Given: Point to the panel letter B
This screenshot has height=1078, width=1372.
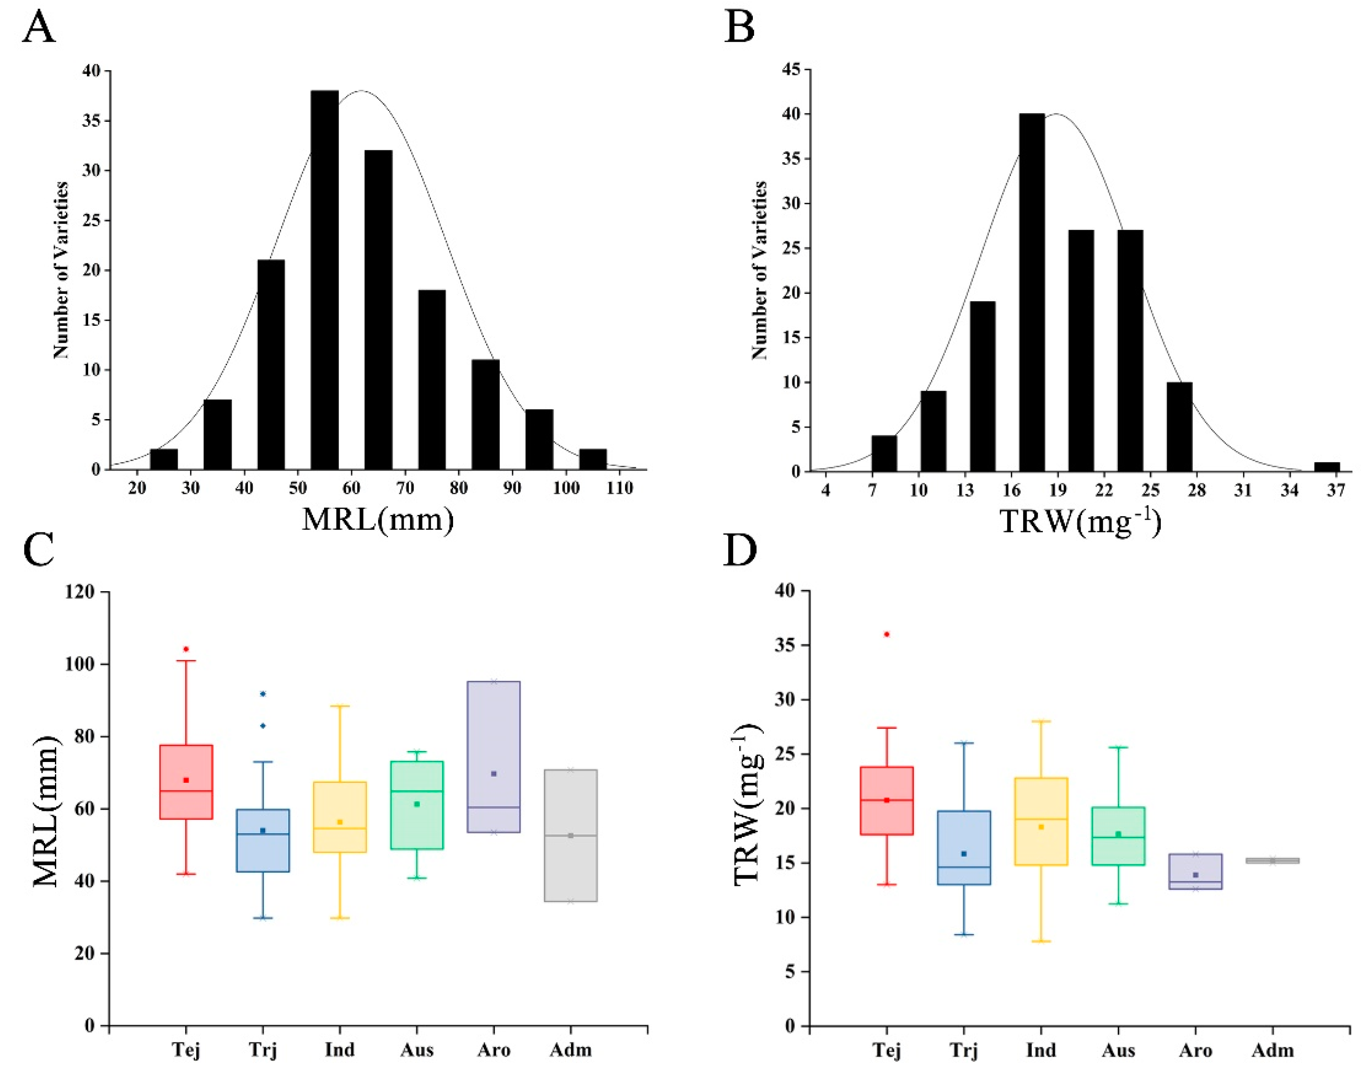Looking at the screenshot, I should coord(740,28).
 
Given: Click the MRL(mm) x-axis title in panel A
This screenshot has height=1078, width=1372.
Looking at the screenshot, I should coord(377,519).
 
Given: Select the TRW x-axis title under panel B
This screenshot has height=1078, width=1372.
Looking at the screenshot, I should coord(1080,521).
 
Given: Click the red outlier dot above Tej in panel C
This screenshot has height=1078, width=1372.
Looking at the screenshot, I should coord(186,649).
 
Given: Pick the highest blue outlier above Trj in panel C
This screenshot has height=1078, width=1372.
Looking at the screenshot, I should coord(263,694).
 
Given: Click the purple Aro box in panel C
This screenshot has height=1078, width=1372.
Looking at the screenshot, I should coord(494,757).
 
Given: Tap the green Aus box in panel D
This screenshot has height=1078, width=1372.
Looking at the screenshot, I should coord(1118,836).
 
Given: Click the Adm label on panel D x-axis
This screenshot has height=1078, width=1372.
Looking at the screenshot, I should coord(1272,1050).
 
